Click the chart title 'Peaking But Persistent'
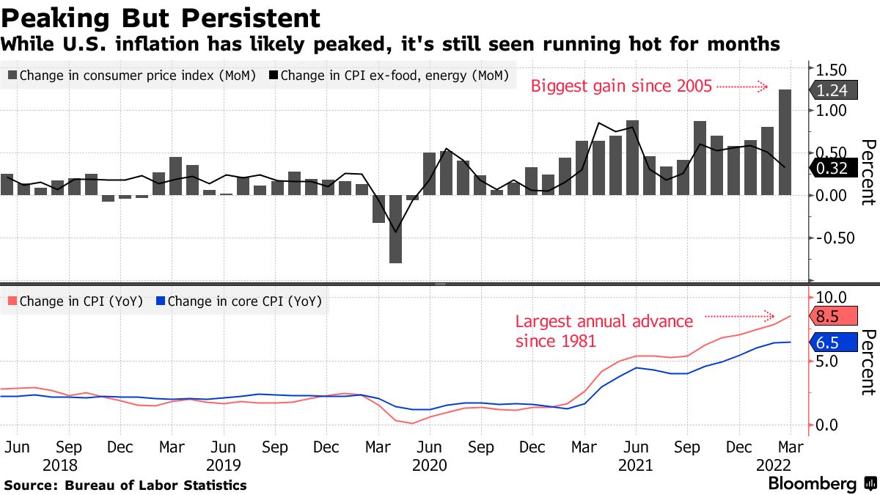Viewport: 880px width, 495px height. pos(161,18)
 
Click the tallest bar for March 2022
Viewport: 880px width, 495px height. pos(785,142)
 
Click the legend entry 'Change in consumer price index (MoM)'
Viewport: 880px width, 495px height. pos(132,75)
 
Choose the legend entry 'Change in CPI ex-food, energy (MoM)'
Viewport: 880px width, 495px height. pos(389,75)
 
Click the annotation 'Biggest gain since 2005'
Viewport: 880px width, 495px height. pos(621,87)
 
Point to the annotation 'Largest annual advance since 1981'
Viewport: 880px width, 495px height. pos(604,331)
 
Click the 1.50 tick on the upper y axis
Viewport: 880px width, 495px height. pos(832,70)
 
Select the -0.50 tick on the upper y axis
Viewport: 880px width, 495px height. pos(832,238)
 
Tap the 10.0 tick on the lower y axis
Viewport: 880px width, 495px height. pos(832,297)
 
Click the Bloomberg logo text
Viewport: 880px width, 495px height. pos(812,484)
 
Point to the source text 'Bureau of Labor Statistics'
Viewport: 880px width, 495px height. pos(155,485)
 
